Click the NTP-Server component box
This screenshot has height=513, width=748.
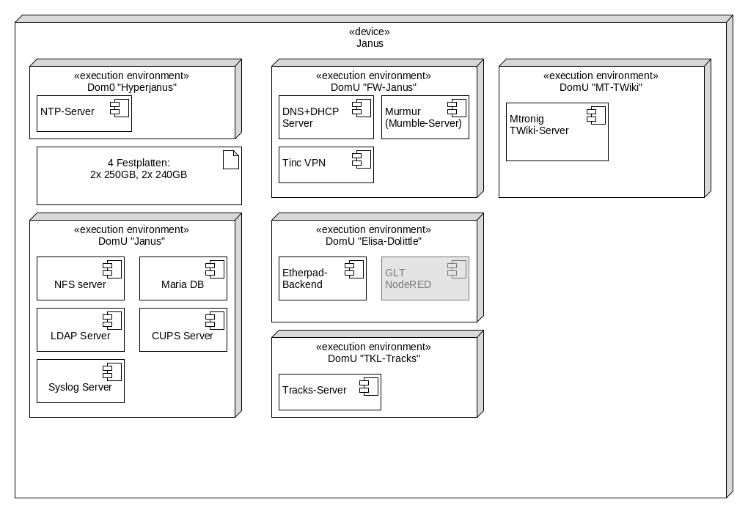(84, 114)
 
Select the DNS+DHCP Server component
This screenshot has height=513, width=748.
(326, 117)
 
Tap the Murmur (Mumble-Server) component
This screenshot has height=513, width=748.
(425, 117)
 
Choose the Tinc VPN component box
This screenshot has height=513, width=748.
(326, 165)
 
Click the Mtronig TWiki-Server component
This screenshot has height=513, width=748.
(557, 132)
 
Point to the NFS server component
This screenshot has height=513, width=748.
(80, 278)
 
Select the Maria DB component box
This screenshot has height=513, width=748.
(183, 278)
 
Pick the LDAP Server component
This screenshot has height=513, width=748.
(80, 330)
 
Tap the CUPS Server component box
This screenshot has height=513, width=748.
(183, 330)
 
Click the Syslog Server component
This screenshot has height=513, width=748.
(80, 381)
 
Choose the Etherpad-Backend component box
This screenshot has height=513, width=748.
(322, 278)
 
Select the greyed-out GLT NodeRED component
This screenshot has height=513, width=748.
(425, 278)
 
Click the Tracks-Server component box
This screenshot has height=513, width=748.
(329, 392)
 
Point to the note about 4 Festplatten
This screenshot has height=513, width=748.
(139, 176)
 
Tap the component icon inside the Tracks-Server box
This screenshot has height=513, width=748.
(367, 386)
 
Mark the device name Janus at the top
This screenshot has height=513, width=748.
(370, 43)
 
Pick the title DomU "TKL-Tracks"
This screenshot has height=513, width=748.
(373, 358)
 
